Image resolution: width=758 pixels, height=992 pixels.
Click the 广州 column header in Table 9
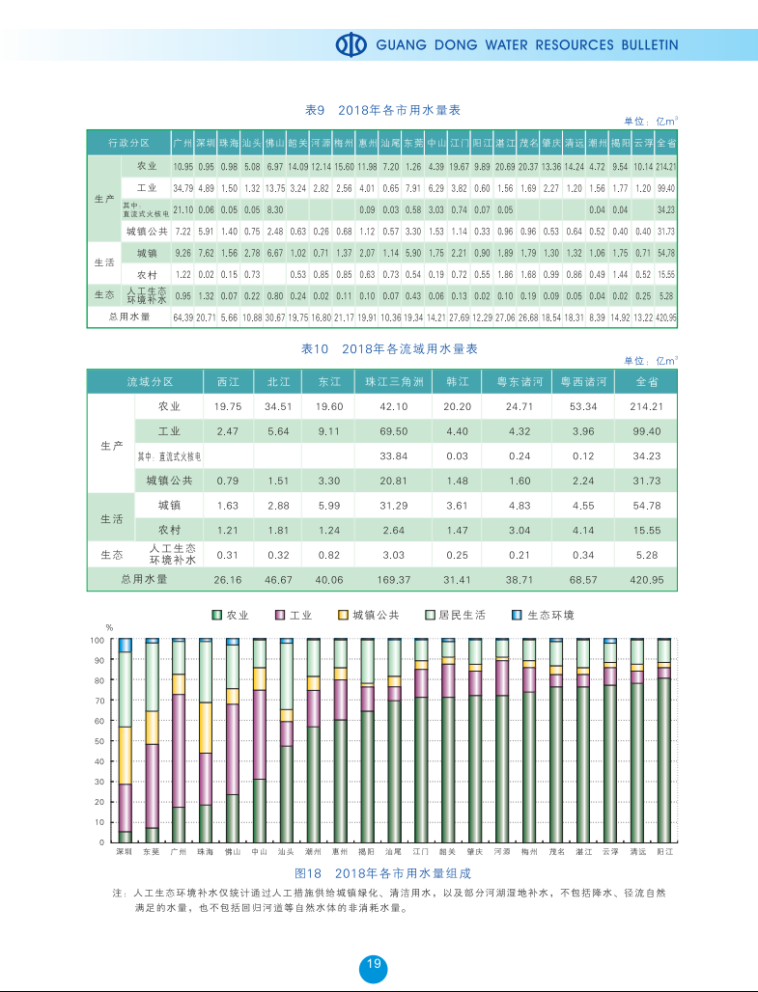click(182, 143)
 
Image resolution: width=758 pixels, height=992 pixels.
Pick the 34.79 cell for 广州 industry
click(182, 187)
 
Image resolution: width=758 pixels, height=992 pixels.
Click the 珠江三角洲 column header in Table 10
click(394, 381)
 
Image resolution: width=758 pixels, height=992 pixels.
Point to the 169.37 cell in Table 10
click(394, 579)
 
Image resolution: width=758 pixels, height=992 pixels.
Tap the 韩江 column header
click(457, 381)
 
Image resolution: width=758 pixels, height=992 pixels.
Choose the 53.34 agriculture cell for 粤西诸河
click(583, 406)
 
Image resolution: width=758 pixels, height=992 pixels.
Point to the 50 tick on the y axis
click(98, 741)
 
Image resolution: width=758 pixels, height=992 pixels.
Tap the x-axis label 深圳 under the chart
click(125, 852)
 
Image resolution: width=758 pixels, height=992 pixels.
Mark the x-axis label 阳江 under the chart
click(664, 852)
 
